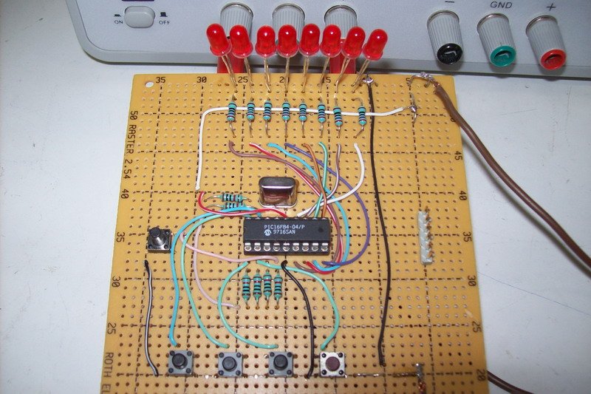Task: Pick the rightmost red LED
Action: point(377,44)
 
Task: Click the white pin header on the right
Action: point(426,237)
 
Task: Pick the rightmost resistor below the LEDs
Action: point(361,114)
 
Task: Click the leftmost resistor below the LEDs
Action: point(233,112)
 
